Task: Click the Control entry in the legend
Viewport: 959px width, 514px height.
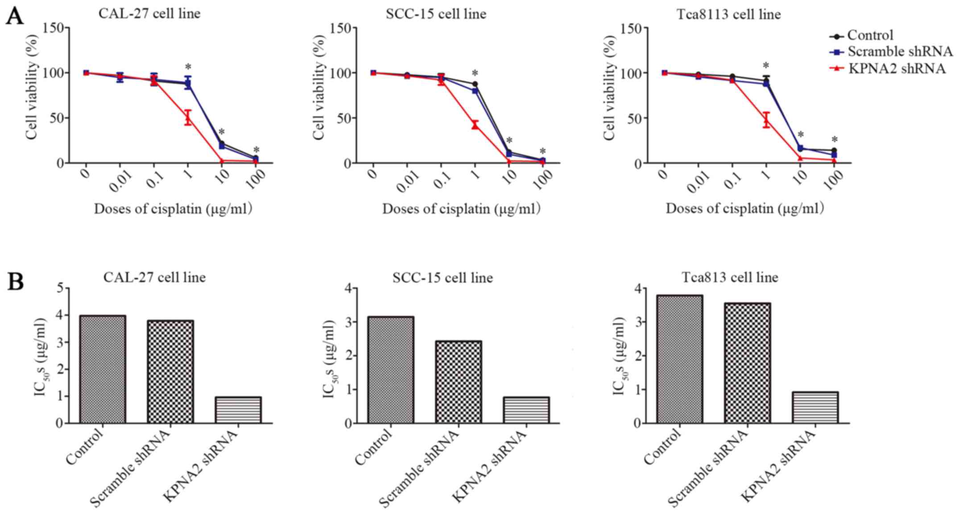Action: pyautogui.click(x=870, y=35)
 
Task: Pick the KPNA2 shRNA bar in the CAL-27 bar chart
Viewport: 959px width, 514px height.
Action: pyautogui.click(x=238, y=410)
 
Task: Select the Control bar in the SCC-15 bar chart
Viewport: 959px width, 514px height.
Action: pyautogui.click(x=391, y=370)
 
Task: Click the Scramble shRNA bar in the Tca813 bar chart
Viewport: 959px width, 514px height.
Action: pyautogui.click(x=748, y=363)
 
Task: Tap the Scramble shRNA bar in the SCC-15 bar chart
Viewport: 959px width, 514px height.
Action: pyautogui.click(x=459, y=382)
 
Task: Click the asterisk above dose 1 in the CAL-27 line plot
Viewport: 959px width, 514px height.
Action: pyautogui.click(x=188, y=68)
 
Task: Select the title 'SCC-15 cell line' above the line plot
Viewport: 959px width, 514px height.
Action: pyautogui.click(x=436, y=14)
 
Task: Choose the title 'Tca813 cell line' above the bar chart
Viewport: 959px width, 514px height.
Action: pyautogui.click(x=730, y=277)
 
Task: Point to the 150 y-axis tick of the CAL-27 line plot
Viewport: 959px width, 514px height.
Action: pyautogui.click(x=53, y=28)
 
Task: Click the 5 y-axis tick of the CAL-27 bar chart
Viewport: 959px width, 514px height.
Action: pyautogui.click(x=60, y=288)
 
